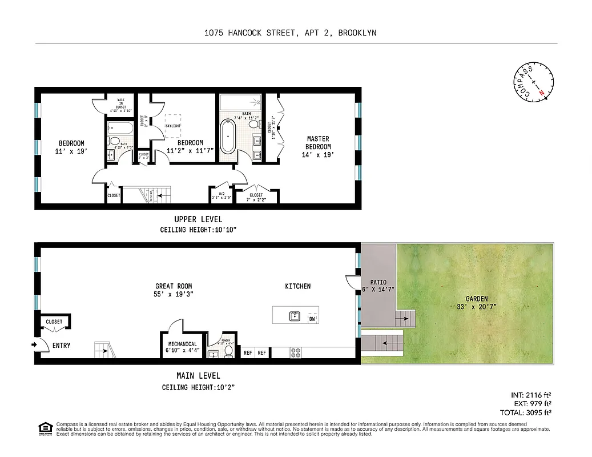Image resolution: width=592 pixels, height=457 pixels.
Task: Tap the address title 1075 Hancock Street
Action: click(290, 33)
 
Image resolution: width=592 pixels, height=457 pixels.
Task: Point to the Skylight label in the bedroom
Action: click(173, 125)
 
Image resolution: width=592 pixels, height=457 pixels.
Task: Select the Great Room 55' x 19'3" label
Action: click(174, 290)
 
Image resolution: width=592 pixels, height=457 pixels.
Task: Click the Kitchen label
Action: click(298, 286)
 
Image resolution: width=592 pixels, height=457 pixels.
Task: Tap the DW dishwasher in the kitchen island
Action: click(312, 319)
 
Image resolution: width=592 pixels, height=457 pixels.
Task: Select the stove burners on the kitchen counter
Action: click(296, 353)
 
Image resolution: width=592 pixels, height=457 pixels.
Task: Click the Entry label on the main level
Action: click(61, 345)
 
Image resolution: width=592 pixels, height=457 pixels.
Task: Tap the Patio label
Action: click(378, 286)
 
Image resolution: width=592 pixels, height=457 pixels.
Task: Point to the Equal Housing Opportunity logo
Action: click(44, 428)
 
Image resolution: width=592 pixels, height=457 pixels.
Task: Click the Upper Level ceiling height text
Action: click(198, 230)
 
